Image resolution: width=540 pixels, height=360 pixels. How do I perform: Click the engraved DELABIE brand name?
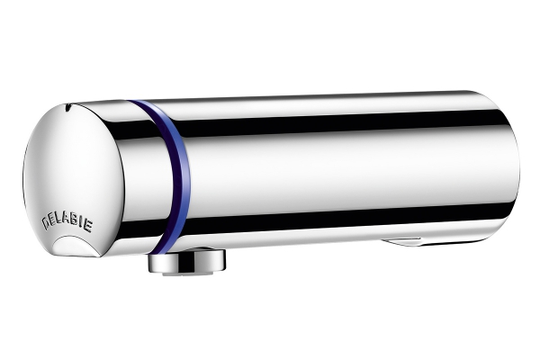[x=67, y=223]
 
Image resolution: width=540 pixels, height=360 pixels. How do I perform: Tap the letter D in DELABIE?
[x=46, y=223]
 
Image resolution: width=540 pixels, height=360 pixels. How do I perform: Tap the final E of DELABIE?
[x=88, y=227]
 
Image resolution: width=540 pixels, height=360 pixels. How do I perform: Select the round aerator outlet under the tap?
[x=187, y=261]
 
